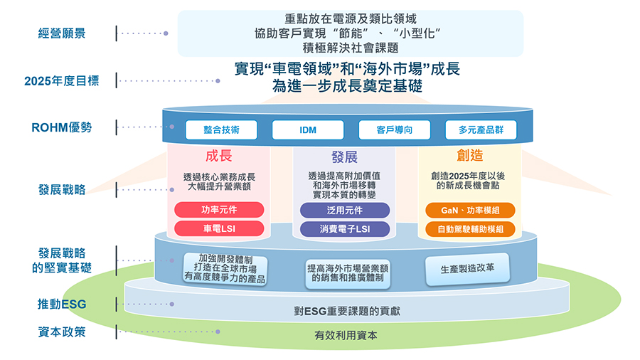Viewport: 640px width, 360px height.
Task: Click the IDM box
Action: (x=308, y=129)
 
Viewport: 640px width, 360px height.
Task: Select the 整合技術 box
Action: (x=221, y=129)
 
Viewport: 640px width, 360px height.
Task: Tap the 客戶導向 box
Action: (x=394, y=129)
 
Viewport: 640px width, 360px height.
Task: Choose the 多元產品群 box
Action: (x=481, y=129)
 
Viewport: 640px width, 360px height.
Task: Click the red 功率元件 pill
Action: (x=219, y=210)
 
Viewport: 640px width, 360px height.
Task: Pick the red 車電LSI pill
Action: (x=219, y=228)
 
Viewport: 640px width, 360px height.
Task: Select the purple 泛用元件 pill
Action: (x=345, y=210)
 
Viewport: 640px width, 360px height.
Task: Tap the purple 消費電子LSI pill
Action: (x=345, y=229)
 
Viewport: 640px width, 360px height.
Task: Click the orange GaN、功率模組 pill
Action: (x=470, y=210)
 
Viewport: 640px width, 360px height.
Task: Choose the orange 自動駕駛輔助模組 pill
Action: (x=470, y=229)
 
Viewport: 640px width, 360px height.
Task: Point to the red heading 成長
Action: (x=219, y=156)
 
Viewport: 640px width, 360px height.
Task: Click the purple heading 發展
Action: (x=344, y=157)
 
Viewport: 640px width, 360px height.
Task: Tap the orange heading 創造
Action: (x=470, y=156)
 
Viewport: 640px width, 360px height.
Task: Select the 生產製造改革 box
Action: (x=468, y=269)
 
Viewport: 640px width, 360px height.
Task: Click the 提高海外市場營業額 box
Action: (x=348, y=273)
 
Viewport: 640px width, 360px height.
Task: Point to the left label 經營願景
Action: (x=62, y=33)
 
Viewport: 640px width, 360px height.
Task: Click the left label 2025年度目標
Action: (x=62, y=81)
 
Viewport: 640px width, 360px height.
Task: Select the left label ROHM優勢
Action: (x=62, y=127)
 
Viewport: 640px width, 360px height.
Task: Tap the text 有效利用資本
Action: (x=346, y=336)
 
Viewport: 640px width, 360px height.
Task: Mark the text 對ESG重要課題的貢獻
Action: (x=347, y=312)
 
